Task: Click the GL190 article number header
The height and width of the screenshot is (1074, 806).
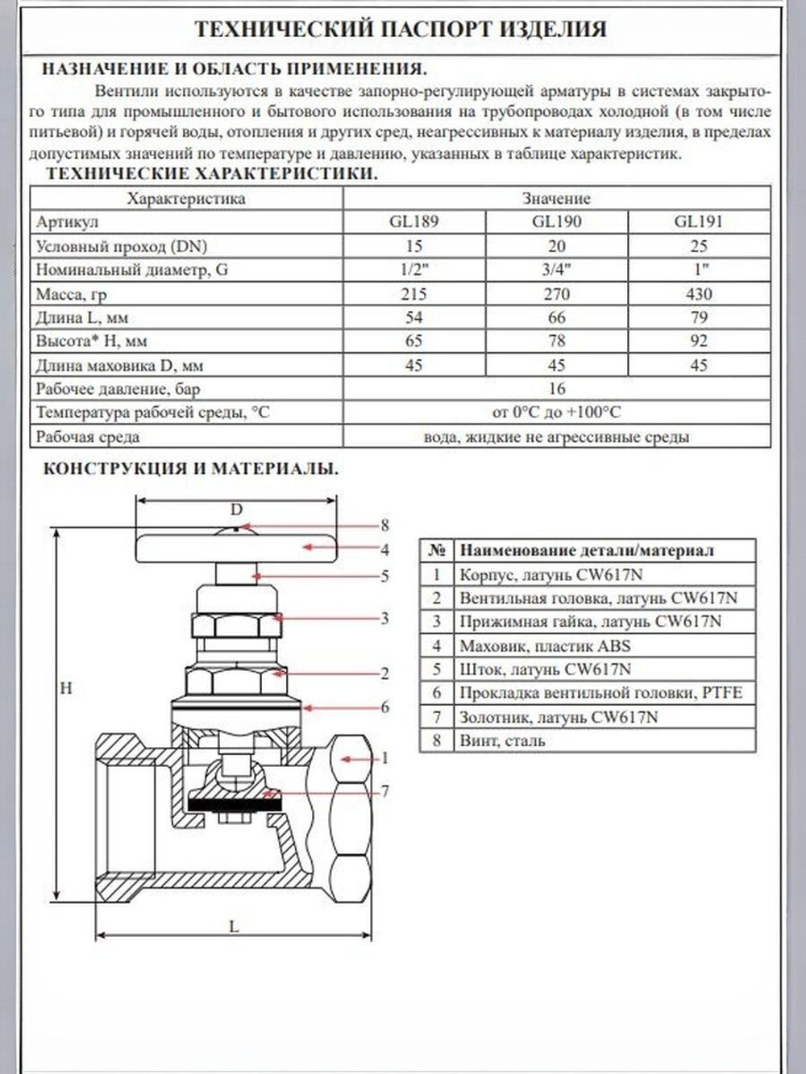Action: pos(556,222)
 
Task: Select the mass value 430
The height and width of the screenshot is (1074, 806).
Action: pos(699,294)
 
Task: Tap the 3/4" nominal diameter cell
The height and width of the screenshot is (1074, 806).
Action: pos(556,270)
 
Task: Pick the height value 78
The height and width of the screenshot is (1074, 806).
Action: pos(556,341)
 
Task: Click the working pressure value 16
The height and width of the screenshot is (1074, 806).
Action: pos(556,388)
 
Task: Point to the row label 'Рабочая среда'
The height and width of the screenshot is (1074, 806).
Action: pos(87,437)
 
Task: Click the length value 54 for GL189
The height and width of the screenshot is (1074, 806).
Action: pos(413,317)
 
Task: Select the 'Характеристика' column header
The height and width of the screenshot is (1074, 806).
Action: pos(186,198)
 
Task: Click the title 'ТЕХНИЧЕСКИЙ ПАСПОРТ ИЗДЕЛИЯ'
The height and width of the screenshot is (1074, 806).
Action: pos(401,30)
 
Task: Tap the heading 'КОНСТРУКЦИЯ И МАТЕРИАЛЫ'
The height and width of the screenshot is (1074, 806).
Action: pos(190,469)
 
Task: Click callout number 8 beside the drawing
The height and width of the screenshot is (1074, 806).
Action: pos(384,525)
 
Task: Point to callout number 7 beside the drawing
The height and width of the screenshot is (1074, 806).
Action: pos(384,791)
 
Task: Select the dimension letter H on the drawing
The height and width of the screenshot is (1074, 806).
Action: pos(66,688)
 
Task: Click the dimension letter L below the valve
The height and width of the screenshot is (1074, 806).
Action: pos(234,927)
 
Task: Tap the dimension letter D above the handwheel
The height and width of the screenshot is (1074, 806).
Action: pos(236,509)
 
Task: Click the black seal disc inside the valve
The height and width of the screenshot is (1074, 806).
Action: pos(234,801)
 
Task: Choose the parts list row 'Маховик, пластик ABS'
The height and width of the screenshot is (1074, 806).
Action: pos(545,645)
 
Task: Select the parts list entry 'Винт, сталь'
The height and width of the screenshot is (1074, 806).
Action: pos(502,740)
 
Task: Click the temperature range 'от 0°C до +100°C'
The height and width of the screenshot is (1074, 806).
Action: pos(556,413)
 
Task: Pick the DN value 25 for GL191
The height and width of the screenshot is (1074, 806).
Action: pos(699,246)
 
